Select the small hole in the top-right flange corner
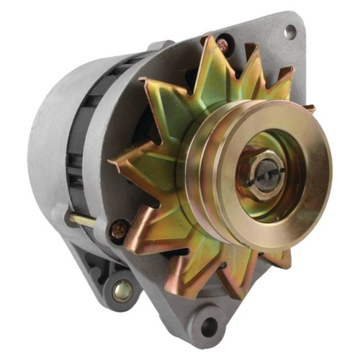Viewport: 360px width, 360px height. point(289,31)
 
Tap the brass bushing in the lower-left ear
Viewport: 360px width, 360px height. point(123,290)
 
